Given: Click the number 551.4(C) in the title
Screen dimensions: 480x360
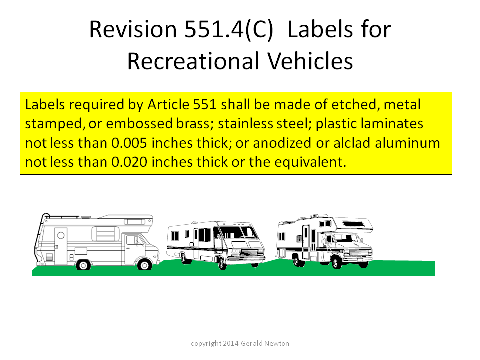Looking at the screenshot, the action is [228, 29].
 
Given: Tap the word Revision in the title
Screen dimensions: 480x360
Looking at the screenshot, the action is [133, 29].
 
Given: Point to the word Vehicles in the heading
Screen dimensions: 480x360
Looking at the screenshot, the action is [310, 61].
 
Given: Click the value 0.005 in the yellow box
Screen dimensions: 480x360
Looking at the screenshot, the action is [129, 143].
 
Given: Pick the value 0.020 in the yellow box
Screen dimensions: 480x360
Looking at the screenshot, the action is [129, 162].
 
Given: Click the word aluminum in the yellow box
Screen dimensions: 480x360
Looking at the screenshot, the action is [408, 143].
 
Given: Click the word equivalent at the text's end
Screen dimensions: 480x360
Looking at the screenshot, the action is [310, 162].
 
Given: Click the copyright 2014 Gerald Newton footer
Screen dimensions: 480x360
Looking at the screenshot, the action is [240, 343].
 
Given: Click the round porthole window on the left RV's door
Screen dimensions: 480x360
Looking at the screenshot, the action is [61, 235].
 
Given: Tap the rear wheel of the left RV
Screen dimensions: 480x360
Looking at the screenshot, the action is [83, 265].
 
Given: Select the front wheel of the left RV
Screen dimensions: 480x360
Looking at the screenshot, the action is [144, 265].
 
